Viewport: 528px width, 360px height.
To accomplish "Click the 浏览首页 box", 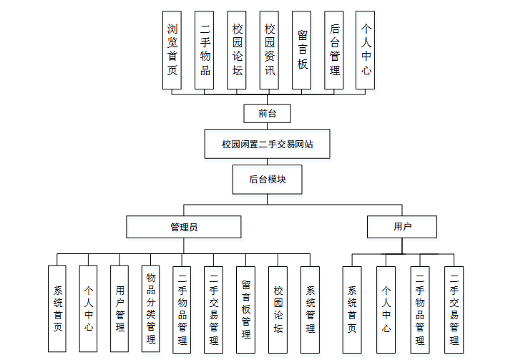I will tap(172, 50).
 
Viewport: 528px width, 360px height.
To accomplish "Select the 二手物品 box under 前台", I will tap(204, 50).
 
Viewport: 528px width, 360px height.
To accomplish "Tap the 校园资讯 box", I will tap(269, 50).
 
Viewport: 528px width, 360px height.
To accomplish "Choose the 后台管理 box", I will tap(334, 50).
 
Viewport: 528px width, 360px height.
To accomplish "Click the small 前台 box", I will tap(258, 113).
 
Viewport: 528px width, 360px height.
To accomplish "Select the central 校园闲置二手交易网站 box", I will tap(267, 144).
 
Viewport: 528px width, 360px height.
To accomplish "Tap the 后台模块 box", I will tap(267, 179).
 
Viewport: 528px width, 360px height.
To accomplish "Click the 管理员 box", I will tap(184, 227).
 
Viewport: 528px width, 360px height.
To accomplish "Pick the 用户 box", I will tap(402, 227).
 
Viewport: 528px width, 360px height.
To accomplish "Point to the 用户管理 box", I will tap(119, 308).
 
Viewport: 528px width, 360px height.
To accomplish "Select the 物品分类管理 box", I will tap(151, 308).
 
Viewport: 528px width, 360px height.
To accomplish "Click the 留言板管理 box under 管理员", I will tap(246, 308).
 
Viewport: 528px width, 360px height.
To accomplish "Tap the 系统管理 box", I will tap(310, 308).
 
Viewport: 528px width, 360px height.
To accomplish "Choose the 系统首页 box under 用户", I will tap(352, 308).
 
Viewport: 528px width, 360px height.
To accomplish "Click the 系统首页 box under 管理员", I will tap(57, 308).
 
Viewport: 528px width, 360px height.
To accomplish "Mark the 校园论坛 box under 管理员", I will tap(278, 308).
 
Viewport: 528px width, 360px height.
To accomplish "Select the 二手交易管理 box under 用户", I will tap(454, 308).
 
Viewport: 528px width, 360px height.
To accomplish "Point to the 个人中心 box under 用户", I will tap(386, 308).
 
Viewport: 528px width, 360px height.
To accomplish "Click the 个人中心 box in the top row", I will tap(366, 50).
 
